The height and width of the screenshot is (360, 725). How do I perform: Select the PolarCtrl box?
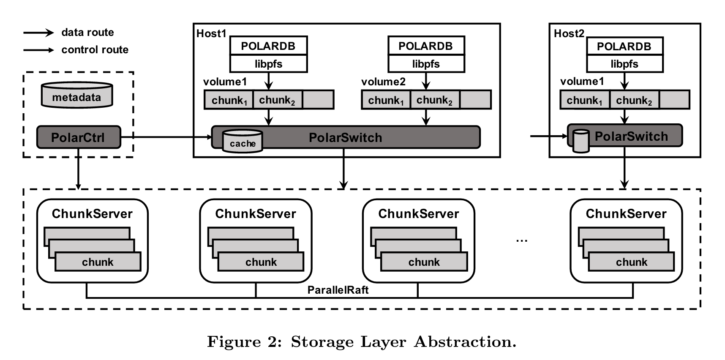pos(79,137)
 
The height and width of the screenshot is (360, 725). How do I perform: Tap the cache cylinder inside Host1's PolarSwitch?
pos(243,141)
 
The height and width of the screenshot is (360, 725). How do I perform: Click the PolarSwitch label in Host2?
pos(631,136)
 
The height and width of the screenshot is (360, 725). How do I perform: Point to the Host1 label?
pos(211,34)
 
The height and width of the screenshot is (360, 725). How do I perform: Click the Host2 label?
pos(569,34)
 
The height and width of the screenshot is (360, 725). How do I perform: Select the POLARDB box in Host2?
pos(624,46)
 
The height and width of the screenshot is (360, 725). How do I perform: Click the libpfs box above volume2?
pos(426,64)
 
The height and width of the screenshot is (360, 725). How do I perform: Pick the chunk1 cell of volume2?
pos(386,100)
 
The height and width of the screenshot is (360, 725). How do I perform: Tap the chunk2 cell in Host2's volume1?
pos(634,100)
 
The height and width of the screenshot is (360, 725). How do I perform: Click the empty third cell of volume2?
pos(475,100)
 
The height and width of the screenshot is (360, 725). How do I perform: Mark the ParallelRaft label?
pos(338,290)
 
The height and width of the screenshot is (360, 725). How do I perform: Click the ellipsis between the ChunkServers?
pos(521,240)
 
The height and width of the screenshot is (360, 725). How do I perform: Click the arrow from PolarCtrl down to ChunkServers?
pos(78,169)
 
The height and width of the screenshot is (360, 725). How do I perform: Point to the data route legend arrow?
pos(38,33)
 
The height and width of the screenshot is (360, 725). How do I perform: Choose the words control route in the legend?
pos(95,50)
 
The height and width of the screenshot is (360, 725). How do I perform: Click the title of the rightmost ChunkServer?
pos(626,214)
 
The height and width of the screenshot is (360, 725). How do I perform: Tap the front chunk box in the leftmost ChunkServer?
pos(98,262)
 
